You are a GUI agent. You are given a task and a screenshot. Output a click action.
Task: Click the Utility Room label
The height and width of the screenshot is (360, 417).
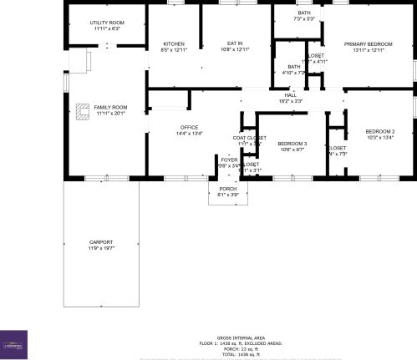pos(107,23)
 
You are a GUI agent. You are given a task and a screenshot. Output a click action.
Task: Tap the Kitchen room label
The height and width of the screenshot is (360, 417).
pos(174,43)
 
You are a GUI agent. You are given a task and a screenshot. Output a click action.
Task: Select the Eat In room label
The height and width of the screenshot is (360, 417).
pos(235,43)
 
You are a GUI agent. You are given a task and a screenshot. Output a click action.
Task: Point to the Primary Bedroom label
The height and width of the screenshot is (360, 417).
pos(369,43)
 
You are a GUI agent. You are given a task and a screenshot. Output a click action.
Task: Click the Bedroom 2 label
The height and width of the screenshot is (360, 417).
pos(380,132)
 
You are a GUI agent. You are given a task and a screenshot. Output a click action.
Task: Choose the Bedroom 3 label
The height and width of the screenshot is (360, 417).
pos(292,144)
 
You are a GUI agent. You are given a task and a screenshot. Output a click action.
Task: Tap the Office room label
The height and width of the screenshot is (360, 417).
pos(189,127)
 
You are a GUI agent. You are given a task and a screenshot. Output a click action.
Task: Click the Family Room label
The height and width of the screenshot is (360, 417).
pos(110,108)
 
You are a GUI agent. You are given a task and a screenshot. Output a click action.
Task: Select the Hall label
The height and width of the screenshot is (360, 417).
pos(290,95)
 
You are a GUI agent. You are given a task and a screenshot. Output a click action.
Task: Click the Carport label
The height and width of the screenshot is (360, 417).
pos(99,242)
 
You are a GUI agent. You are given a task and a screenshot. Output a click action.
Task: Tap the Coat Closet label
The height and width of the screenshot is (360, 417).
pos(249,138)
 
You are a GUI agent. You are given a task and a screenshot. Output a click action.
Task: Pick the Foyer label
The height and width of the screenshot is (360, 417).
pos(228,160)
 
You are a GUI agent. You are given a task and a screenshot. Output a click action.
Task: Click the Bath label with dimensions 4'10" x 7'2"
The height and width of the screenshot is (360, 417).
pos(293,67)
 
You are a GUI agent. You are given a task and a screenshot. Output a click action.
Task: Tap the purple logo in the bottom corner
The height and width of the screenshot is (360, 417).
pos(13,343)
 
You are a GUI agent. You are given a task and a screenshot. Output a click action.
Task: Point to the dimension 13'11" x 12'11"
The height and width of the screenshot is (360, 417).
pos(369,50)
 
